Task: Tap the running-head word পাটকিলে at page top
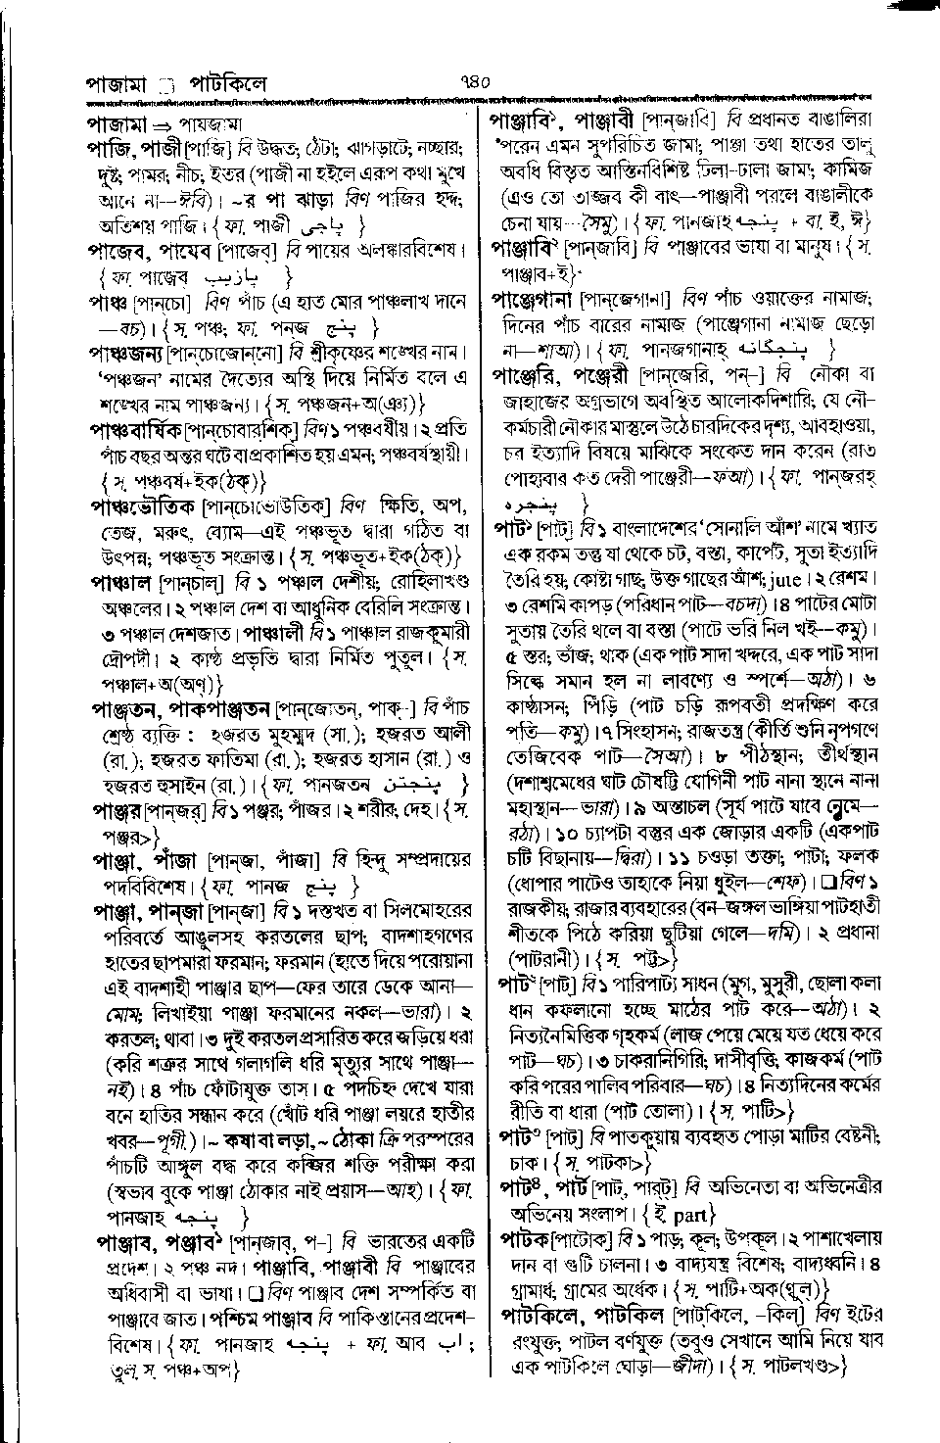pyautogui.click(x=228, y=85)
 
